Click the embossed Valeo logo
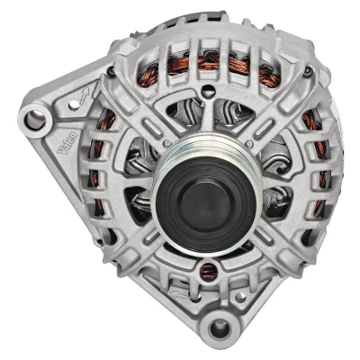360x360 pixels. [x=67, y=143]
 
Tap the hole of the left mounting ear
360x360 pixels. [x=35, y=120]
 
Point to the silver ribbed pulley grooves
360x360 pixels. [x=207, y=147]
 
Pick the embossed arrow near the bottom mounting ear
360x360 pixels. [x=179, y=294]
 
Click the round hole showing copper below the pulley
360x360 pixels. [x=208, y=269]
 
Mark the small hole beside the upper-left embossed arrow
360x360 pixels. [x=73, y=105]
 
